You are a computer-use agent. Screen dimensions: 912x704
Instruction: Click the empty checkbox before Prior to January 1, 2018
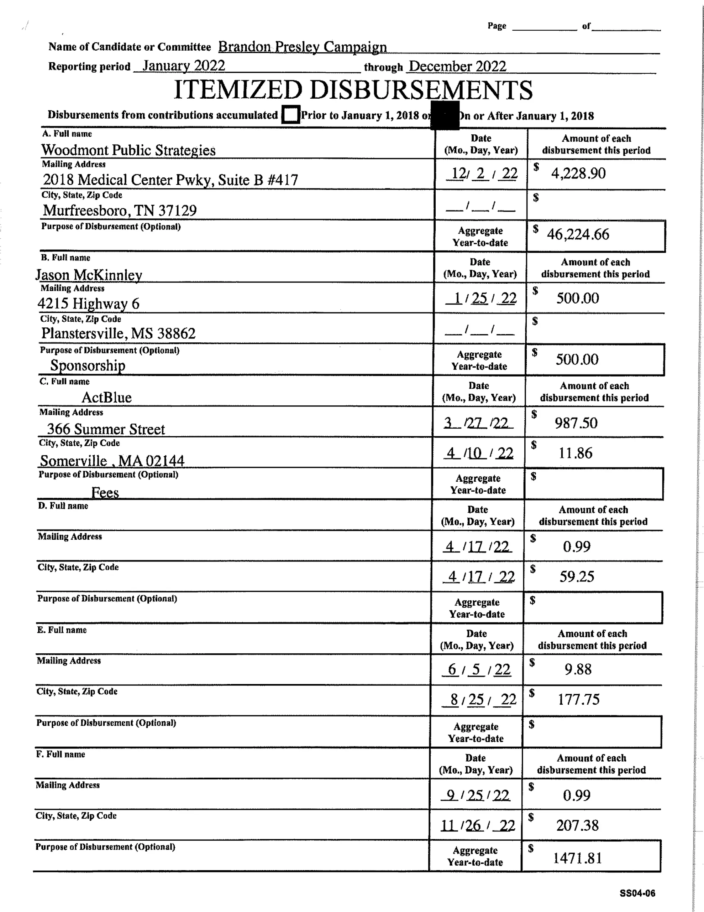291,115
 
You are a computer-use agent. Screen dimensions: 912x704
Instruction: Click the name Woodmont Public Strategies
128,150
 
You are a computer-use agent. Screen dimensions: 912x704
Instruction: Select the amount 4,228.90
578,173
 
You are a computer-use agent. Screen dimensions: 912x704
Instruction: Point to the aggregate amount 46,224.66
578,234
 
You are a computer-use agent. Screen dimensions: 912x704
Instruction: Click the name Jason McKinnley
89,275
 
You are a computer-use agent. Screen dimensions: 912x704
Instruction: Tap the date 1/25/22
481,298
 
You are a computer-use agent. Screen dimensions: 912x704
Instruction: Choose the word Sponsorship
88,366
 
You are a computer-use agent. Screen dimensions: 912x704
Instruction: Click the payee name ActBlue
107,397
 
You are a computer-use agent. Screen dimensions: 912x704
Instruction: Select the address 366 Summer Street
106,429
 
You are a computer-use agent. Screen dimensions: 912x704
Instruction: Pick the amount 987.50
576,423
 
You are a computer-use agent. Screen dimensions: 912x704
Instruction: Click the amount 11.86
576,453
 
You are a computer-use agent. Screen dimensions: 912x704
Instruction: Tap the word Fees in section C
105,493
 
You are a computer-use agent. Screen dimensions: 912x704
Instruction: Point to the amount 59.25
577,577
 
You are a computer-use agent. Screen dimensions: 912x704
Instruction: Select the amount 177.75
578,699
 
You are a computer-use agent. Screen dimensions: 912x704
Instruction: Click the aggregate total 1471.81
578,859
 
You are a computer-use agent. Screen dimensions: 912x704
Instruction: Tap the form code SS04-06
637,893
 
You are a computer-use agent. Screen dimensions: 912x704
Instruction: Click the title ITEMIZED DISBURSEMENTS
353,90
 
